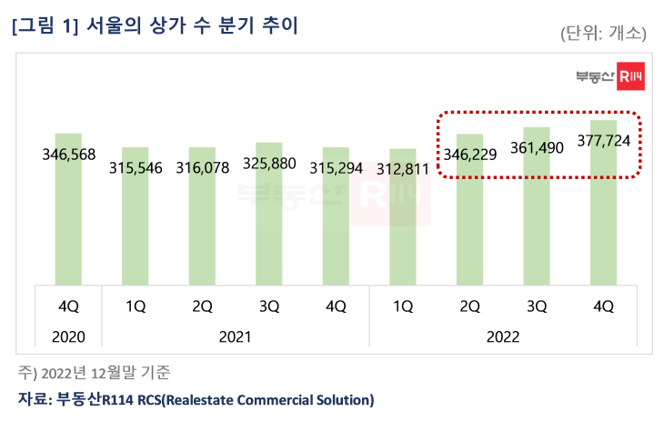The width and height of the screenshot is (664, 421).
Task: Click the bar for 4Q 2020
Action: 68,218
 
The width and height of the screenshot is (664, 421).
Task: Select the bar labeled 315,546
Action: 136,227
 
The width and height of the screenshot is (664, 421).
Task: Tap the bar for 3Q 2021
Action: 268,223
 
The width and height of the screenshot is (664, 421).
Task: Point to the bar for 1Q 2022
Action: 402,227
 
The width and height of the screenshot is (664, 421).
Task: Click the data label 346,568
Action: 69,155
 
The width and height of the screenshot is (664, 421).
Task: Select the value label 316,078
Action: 202,169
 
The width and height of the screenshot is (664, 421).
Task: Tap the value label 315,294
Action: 336,169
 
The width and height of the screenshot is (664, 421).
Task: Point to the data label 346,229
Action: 469,155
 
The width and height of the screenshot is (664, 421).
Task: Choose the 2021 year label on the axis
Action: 235,336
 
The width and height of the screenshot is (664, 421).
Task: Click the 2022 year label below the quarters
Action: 502,336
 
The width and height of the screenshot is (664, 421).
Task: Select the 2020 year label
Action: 69,336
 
